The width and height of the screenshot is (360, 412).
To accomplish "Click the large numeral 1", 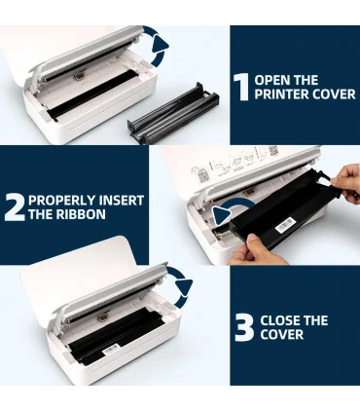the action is point(241,87).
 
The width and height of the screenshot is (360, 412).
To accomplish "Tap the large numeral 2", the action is point(16,207).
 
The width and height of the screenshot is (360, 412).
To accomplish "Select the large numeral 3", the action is point(244,327).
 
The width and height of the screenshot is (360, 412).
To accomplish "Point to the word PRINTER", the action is point(282,94).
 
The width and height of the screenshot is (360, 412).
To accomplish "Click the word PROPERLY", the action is point(61,200).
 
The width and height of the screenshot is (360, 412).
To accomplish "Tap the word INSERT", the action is point(121,200).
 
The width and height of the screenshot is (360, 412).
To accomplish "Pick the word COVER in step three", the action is point(282,334).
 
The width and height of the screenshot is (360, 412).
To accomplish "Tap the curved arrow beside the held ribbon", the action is point(233,208).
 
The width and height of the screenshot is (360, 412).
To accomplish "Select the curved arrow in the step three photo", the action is point(182,286).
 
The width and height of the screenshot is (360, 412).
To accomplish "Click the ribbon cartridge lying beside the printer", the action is point(172,114).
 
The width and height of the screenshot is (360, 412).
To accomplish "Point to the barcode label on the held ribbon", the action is point(285,225).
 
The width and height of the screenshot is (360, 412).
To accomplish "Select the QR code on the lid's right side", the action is point(273,150).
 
